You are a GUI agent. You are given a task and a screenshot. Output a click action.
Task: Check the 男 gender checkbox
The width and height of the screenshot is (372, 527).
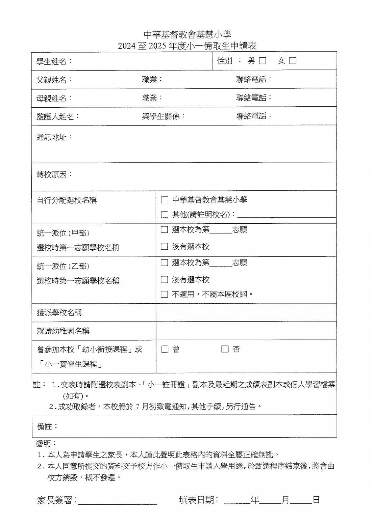(262, 61)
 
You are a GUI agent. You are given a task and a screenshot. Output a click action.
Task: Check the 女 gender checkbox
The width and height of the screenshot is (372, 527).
(293, 61)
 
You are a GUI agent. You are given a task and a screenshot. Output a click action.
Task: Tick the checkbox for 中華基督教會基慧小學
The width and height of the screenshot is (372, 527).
(164, 200)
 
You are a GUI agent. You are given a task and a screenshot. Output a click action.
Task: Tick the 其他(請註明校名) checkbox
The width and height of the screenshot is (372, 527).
(164, 215)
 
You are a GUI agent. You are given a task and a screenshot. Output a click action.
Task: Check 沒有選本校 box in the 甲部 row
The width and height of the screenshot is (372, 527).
(164, 246)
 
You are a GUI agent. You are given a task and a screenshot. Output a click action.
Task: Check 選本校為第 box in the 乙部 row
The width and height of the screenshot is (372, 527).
(164, 263)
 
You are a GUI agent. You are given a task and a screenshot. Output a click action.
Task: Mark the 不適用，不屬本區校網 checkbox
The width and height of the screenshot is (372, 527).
(164, 294)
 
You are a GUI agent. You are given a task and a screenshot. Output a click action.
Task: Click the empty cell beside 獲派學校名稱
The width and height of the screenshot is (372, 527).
(246, 312)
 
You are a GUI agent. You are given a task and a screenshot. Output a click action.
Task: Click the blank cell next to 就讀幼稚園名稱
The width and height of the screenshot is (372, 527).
(246, 331)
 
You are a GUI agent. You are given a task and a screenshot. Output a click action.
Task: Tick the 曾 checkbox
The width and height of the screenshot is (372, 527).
(165, 349)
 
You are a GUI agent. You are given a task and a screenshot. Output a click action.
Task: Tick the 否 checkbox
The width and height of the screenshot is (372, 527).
(225, 349)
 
